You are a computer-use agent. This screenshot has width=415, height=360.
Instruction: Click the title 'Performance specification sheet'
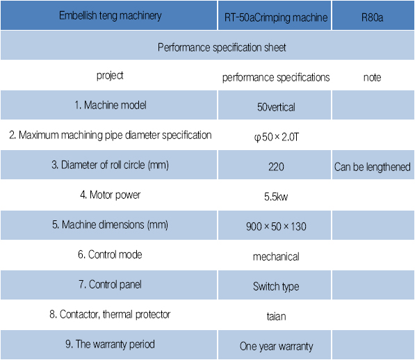point(222,47)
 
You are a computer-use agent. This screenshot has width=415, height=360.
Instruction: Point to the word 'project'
point(110,76)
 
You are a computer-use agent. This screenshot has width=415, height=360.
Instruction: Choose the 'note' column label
point(372,78)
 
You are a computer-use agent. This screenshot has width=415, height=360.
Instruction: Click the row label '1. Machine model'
point(110,105)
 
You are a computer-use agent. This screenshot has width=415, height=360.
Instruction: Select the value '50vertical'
point(276,107)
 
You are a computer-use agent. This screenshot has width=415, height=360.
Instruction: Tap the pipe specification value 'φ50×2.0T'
point(276,137)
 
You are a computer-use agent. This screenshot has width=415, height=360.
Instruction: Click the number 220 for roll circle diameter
point(276,167)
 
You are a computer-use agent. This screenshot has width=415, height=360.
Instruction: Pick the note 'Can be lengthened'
point(372,167)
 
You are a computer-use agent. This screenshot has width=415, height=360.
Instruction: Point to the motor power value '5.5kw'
point(276,197)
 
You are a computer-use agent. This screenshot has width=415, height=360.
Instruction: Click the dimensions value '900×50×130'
point(276,227)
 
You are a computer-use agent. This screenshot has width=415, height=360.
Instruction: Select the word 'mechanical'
point(276,256)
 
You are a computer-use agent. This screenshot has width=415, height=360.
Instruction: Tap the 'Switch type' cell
point(276,286)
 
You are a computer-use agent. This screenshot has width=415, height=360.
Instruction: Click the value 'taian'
point(276,316)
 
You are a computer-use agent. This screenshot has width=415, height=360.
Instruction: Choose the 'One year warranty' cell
point(276,346)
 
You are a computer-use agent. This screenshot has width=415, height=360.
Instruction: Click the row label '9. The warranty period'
point(110,345)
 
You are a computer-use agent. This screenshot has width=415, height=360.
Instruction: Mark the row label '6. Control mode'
point(110,254)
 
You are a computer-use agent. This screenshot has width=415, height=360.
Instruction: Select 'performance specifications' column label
point(276,78)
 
